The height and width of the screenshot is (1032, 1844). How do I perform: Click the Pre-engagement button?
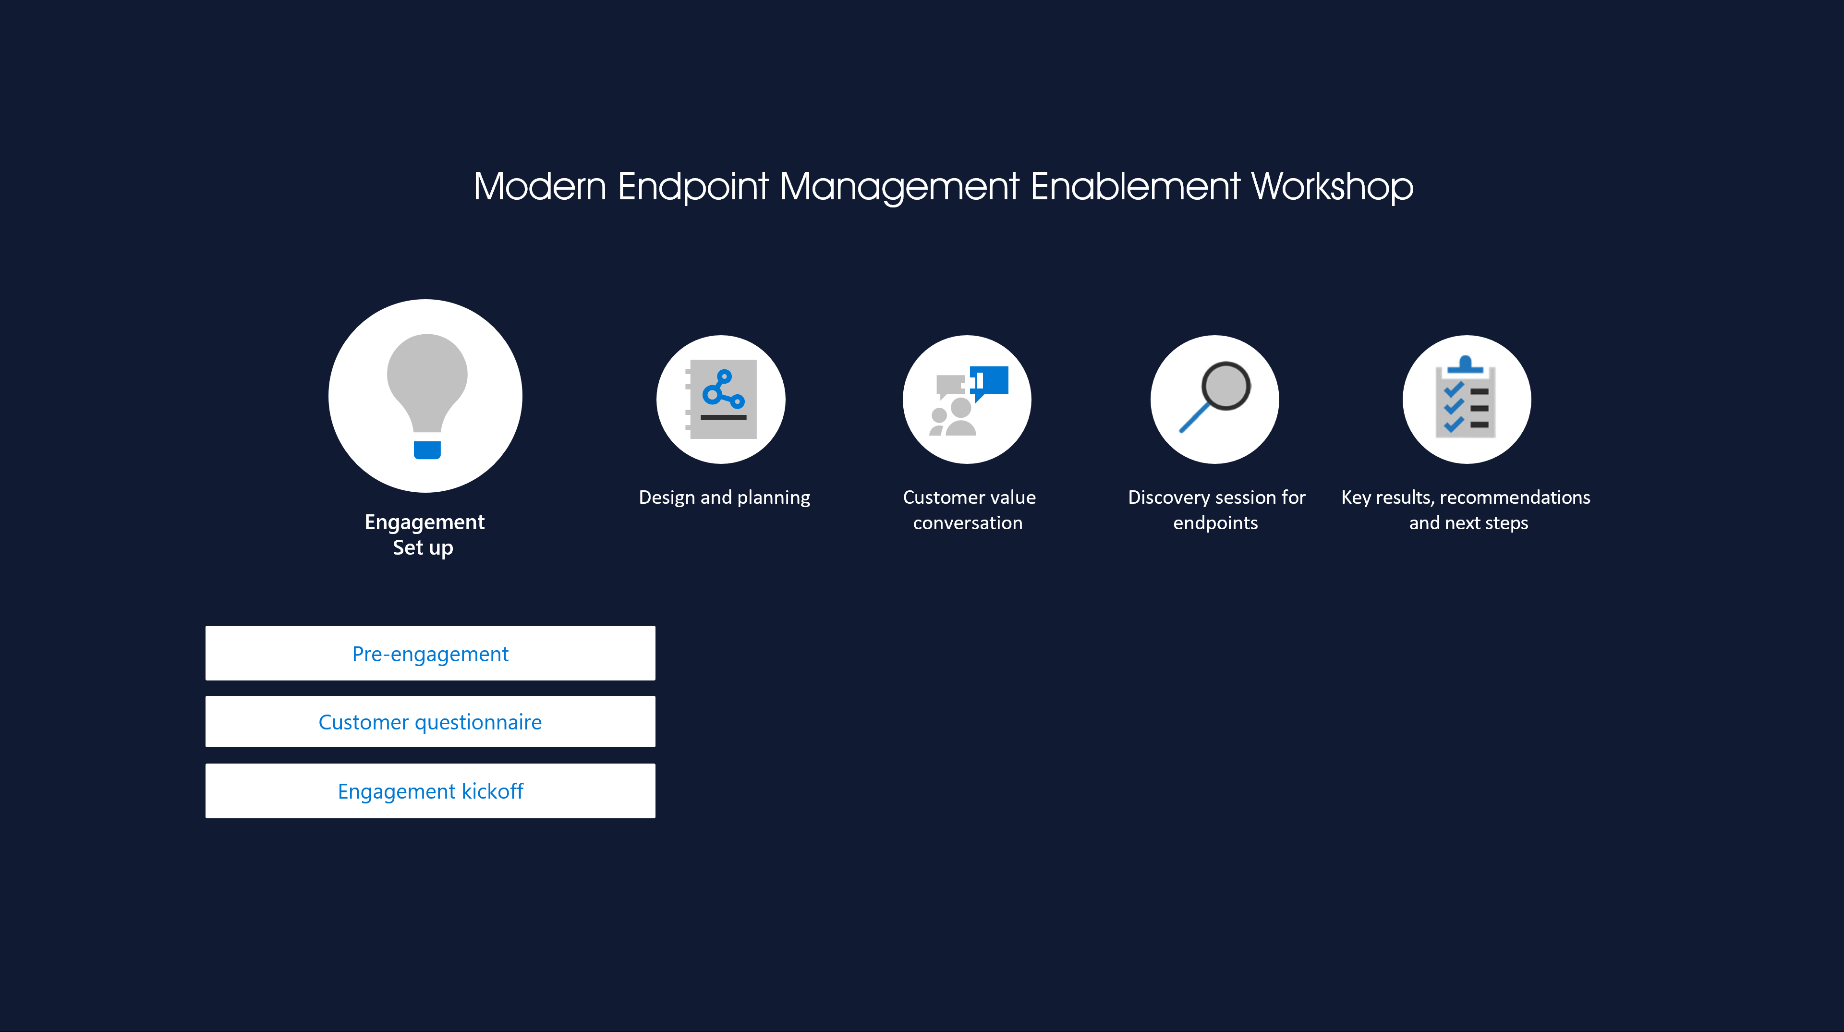click(430, 653)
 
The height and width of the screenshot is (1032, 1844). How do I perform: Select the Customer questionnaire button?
click(430, 721)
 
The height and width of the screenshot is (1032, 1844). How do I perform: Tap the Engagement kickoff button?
click(430, 791)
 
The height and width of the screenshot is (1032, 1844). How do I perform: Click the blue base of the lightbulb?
click(427, 449)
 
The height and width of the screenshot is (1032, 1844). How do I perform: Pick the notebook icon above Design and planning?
click(721, 399)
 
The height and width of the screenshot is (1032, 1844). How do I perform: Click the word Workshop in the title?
click(1332, 187)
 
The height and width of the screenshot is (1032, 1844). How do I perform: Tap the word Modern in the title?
click(540, 187)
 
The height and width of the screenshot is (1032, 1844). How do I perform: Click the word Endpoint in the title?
click(693, 187)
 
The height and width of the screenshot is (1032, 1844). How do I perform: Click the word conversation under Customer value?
click(968, 523)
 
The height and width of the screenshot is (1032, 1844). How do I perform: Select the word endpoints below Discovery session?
click(1215, 523)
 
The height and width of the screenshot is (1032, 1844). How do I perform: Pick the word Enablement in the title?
click(1135, 187)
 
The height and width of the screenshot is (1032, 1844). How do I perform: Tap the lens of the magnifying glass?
click(1226, 386)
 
